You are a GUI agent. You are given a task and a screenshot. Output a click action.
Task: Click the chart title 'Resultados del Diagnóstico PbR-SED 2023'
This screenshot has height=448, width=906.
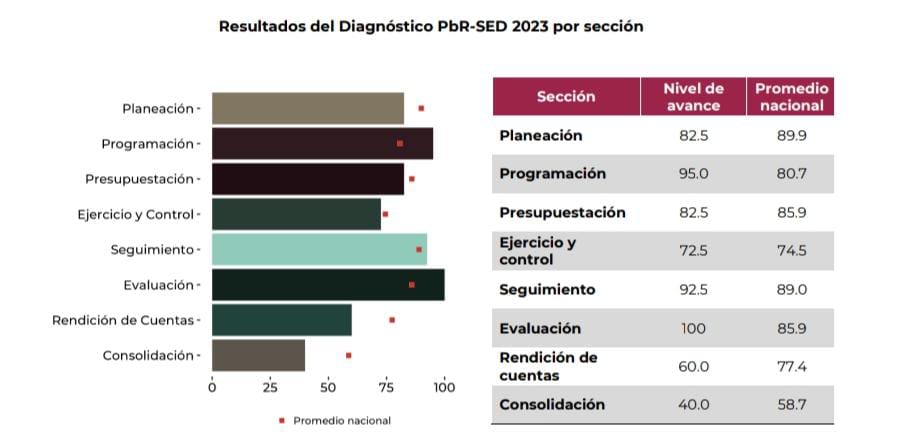(x=431, y=27)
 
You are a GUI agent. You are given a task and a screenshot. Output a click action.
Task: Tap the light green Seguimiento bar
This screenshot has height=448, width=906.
(x=319, y=249)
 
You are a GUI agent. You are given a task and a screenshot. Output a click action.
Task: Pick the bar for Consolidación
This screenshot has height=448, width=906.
(x=258, y=355)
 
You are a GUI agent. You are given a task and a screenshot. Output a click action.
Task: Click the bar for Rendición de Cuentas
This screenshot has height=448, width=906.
(x=282, y=320)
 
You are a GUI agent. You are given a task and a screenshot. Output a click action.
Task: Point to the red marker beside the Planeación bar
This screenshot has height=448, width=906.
(x=421, y=108)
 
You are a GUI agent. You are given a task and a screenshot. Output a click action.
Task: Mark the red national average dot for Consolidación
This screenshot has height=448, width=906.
(x=348, y=355)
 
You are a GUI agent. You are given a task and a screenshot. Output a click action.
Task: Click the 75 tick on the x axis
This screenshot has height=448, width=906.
(x=386, y=387)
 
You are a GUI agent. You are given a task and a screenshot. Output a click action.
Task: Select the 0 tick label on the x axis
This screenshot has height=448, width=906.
(x=212, y=387)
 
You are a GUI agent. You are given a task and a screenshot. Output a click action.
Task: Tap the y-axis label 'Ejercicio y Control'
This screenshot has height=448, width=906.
(x=138, y=214)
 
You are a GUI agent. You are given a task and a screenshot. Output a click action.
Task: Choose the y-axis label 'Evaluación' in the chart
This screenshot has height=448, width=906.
(x=158, y=285)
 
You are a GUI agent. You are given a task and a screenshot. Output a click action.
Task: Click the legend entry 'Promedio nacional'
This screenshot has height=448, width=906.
(x=341, y=420)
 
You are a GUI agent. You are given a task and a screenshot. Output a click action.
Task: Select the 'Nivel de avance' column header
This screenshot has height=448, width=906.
(x=693, y=97)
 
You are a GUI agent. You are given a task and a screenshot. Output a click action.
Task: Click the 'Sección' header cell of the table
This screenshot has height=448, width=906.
(x=566, y=97)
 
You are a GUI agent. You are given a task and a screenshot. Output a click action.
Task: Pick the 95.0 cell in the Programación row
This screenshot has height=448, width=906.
(x=693, y=174)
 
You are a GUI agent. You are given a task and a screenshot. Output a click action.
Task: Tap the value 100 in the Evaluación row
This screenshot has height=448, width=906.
(x=693, y=328)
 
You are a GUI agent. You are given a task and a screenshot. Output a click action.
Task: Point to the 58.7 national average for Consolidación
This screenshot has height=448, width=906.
(x=791, y=405)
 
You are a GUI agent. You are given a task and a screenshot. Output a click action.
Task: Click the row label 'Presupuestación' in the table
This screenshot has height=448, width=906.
(x=562, y=212)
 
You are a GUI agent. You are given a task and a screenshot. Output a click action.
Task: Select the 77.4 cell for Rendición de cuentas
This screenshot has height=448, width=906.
(x=791, y=367)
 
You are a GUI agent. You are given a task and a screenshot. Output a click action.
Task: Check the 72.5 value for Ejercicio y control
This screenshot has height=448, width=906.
(x=693, y=251)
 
